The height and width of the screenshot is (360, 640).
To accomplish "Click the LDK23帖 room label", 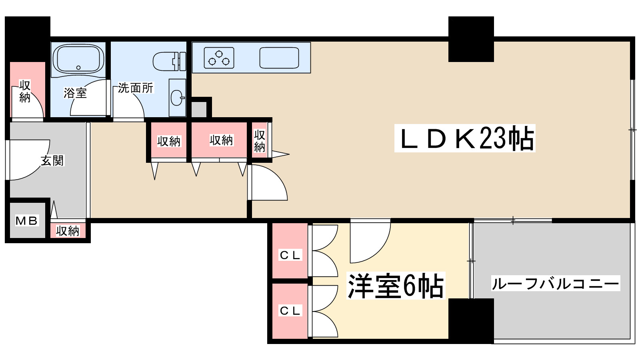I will (465, 138).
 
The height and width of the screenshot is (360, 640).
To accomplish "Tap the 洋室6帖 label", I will (395, 286).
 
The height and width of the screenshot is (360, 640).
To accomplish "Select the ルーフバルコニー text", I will (555, 284).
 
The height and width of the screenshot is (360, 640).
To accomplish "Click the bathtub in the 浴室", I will (78, 59).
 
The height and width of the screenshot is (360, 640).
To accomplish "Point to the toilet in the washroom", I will (169, 61).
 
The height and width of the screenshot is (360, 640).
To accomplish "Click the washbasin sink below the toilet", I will (177, 97).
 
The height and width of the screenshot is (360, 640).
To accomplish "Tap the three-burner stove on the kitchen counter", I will (219, 58).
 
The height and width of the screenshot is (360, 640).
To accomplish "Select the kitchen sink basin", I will (279, 58).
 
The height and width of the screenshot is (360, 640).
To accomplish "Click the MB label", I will (27, 220).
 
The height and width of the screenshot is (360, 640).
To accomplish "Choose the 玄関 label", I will (52, 161).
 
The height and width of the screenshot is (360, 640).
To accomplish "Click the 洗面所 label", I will (136, 88).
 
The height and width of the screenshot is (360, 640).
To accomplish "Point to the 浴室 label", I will (75, 93).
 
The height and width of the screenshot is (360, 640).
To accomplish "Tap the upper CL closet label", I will (290, 255).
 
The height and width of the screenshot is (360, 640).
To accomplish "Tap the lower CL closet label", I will (290, 310).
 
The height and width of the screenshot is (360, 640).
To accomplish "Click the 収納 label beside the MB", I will (68, 231).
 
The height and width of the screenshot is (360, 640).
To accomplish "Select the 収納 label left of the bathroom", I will (25, 92).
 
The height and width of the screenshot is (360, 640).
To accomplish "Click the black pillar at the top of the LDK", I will (471, 39).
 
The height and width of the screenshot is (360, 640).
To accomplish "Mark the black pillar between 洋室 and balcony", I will (471, 320).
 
